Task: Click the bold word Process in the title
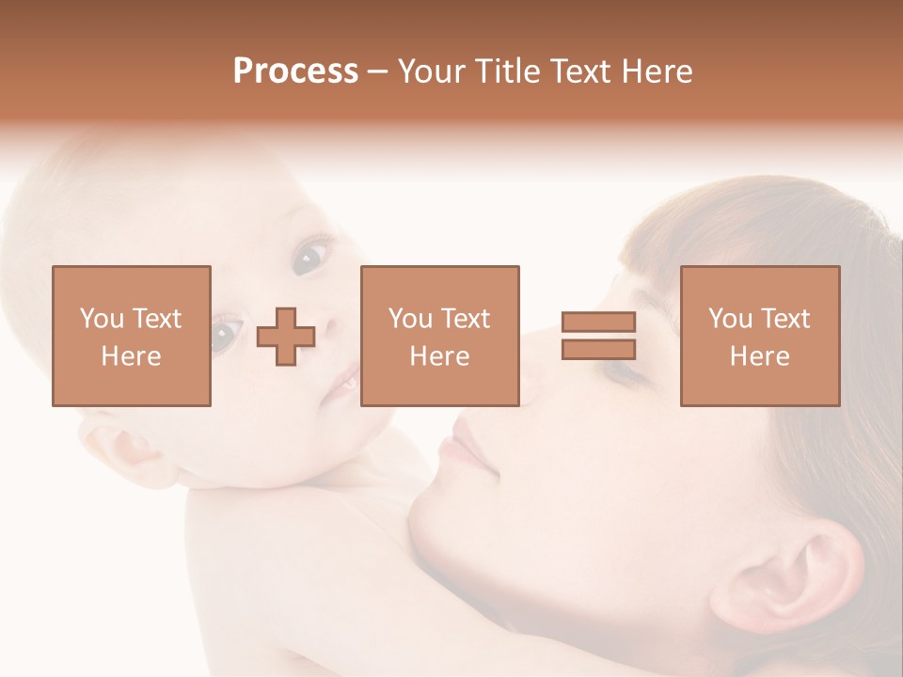[295, 71]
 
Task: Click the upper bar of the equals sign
[598, 323]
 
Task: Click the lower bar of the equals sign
[598, 350]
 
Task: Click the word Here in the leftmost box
[131, 356]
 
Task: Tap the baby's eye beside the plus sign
[226, 334]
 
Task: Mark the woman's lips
[467, 448]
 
